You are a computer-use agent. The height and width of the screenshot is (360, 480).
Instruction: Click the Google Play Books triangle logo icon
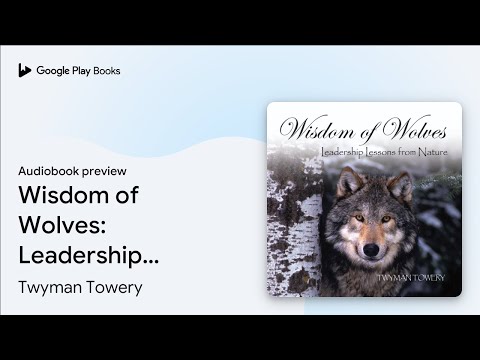[25, 70]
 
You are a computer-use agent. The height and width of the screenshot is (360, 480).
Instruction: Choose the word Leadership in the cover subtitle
[345, 151]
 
